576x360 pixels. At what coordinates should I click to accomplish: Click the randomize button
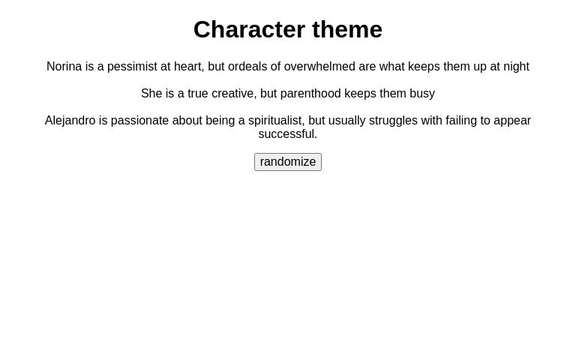(x=288, y=162)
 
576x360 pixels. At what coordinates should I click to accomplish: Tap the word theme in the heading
(x=347, y=29)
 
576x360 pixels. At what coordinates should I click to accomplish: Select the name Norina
(x=64, y=67)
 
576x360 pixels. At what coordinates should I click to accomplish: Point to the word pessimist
(x=132, y=67)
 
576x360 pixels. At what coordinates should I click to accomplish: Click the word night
(x=516, y=67)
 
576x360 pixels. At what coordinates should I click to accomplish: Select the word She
(x=151, y=94)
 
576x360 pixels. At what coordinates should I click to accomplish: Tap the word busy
(x=422, y=94)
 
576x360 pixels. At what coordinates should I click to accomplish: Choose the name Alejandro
(x=70, y=121)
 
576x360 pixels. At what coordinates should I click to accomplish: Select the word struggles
(x=393, y=121)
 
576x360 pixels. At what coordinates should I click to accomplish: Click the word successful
(x=287, y=134)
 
